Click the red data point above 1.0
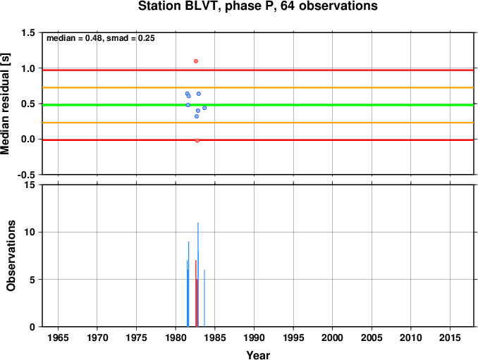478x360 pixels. [196, 61]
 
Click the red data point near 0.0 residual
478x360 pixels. [197, 140]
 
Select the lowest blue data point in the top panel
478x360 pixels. [197, 116]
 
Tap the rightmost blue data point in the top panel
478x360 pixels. [204, 108]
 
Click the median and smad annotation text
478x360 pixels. [101, 38]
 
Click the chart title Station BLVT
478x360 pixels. [258, 6]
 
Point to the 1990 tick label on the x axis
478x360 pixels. [254, 337]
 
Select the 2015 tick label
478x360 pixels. [450, 337]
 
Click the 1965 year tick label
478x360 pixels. [58, 337]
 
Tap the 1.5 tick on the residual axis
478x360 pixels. [28, 33]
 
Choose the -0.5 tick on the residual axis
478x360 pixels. [26, 175]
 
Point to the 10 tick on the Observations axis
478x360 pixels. [30, 232]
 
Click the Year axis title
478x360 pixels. [258, 355]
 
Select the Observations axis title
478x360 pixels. [11, 256]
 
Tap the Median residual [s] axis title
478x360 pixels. [5, 104]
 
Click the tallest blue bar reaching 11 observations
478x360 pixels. [198, 275]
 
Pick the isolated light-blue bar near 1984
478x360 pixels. [204, 298]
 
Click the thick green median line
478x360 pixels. [258, 105]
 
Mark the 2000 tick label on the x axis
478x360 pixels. [332, 337]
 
